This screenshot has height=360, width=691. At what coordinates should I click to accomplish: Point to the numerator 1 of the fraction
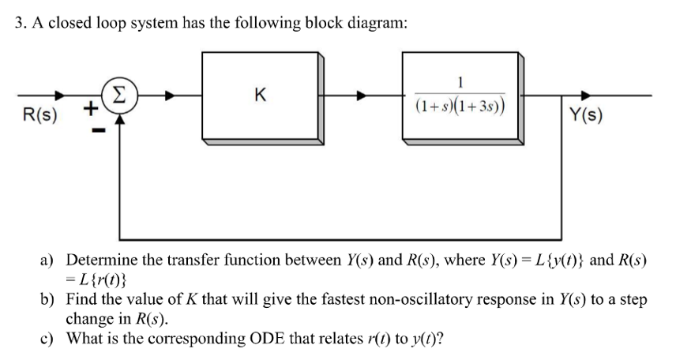click(460, 81)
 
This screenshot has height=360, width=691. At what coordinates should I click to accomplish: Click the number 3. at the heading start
click(22, 22)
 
